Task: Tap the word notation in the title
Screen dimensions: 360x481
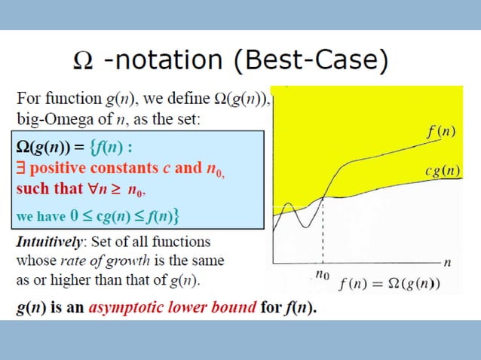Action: coord(173,60)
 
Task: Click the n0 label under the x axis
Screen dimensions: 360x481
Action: coord(322,276)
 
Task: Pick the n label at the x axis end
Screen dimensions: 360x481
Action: coord(448,263)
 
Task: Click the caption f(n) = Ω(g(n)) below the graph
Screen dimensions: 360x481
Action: coord(390,285)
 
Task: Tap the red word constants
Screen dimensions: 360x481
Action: coord(130,167)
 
